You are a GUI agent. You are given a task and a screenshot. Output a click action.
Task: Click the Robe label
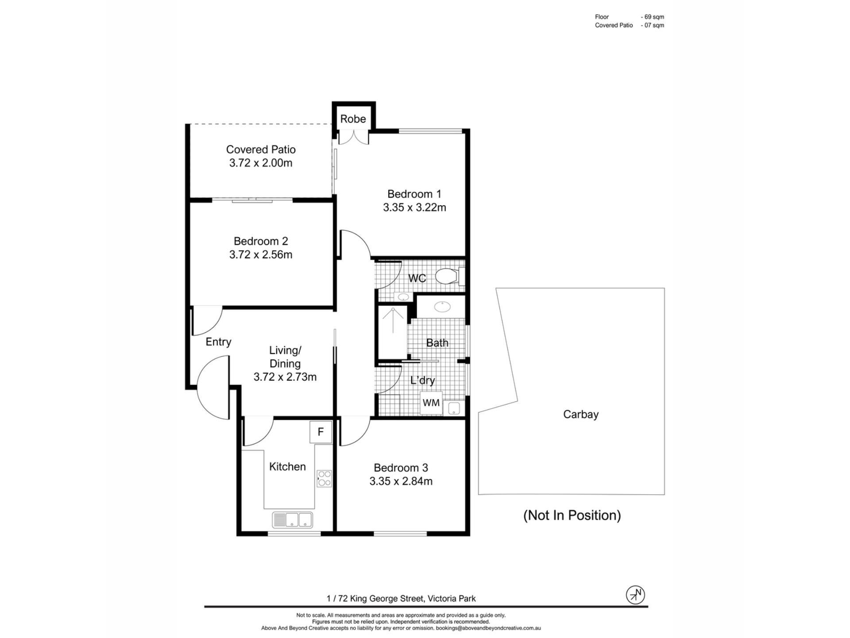tap(353, 119)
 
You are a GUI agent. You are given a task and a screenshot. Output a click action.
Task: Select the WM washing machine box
tap(431, 403)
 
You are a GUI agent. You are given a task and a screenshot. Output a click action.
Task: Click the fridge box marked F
tap(321, 432)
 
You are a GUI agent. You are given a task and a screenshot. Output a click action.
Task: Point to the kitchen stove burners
tap(324, 478)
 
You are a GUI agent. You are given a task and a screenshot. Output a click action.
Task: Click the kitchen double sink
tap(292, 520)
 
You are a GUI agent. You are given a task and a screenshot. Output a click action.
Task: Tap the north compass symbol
tap(635, 595)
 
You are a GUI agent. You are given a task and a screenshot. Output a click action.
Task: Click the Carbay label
tap(581, 414)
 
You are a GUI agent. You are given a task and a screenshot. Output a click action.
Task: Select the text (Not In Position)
tap(572, 515)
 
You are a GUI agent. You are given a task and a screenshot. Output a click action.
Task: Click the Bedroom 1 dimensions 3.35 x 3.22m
tap(414, 207)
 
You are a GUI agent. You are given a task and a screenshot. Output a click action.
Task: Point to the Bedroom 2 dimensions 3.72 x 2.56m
tap(261, 255)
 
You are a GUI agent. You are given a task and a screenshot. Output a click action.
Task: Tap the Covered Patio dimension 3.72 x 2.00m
tap(261, 163)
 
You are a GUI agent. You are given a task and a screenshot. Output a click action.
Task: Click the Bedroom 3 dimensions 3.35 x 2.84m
tap(401, 481)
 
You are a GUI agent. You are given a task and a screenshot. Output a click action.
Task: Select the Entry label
tap(218, 342)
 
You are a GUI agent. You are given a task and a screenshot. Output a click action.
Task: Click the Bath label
tap(437, 343)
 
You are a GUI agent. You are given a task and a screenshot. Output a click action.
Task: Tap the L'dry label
tap(423, 381)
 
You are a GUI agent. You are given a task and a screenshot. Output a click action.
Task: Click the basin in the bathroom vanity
tap(442, 306)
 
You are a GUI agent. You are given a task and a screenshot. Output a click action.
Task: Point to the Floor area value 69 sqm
tap(652, 17)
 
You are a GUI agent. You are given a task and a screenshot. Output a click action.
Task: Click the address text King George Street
tap(387, 599)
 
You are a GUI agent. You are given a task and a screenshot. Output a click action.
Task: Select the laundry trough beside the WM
tap(454, 408)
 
